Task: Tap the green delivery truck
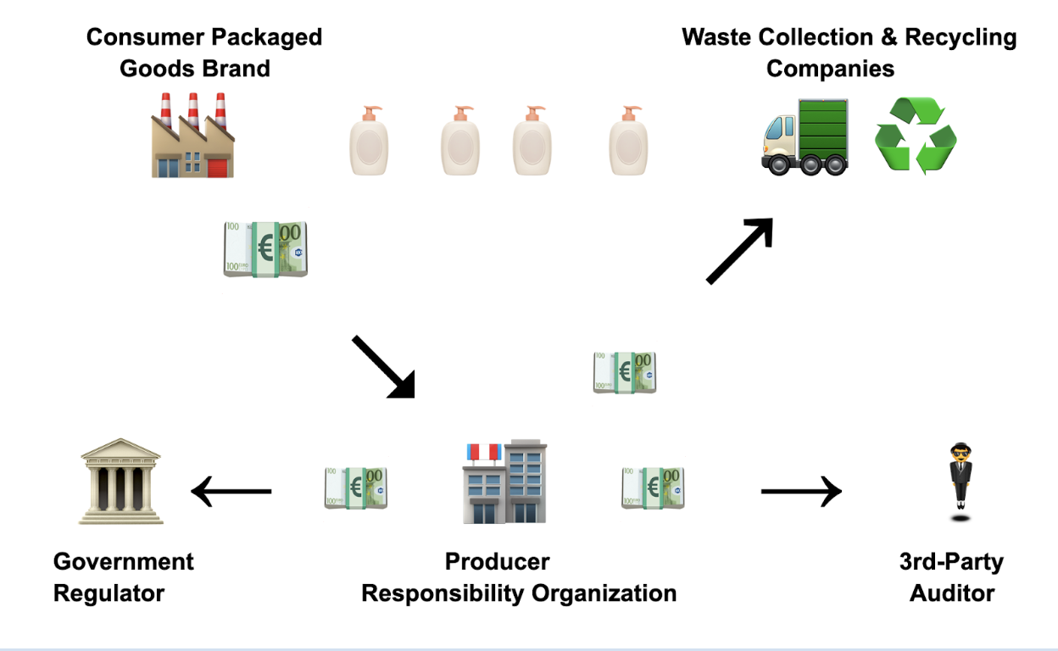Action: click(805, 136)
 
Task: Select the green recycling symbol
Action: click(916, 136)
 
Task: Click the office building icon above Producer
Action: click(504, 481)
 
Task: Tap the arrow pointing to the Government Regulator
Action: click(231, 491)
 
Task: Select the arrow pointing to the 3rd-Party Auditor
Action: click(801, 491)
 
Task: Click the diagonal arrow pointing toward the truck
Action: click(740, 250)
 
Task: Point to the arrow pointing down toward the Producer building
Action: click(384, 366)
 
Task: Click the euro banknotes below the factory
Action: click(265, 249)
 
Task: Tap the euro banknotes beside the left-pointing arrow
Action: click(356, 488)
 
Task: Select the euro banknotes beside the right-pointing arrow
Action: click(653, 488)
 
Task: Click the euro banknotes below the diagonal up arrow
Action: click(625, 373)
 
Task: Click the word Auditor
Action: click(952, 593)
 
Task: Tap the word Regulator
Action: click(109, 593)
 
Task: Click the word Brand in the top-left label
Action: click(231, 68)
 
